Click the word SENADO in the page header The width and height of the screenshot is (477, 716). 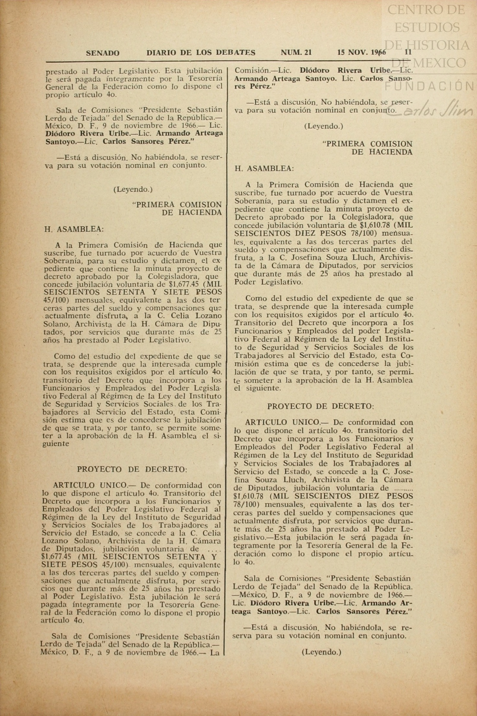pos(102,53)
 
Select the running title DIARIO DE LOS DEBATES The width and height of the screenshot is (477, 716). pos(201,52)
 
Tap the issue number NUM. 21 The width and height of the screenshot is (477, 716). pos(296,52)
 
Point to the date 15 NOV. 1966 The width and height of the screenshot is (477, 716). pos(361,52)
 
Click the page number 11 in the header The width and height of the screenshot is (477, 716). pos(408,52)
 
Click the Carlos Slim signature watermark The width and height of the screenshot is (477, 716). pos(434,110)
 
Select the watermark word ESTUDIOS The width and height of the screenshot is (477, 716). pos(427,27)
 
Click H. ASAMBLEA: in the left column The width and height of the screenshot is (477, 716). pos(74,229)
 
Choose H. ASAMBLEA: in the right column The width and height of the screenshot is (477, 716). pos(264,168)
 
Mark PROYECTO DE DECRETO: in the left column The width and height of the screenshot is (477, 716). pos(132,469)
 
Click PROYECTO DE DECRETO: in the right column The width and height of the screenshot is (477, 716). pos(321,406)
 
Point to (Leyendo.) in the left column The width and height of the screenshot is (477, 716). pos(133,189)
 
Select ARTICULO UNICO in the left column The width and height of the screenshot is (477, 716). pos(90,485)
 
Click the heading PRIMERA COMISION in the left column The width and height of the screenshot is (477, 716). pos(177,205)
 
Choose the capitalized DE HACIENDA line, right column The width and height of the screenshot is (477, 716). pos(382,152)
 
